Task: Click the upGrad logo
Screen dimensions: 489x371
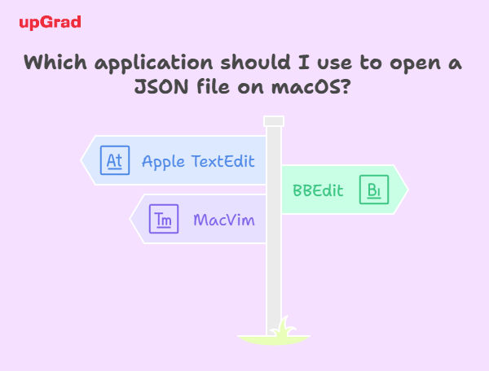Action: [50, 23]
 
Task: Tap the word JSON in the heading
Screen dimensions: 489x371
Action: [161, 86]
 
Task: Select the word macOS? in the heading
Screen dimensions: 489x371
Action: [311, 86]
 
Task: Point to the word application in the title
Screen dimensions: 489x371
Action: [153, 63]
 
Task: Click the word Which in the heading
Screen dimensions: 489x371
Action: [55, 62]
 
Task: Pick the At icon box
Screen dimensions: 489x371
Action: [115, 160]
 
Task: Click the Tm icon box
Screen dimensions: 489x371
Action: [164, 219]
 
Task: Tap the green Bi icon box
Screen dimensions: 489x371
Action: [374, 190]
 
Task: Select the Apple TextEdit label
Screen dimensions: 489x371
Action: [198, 162]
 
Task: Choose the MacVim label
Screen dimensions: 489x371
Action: [224, 220]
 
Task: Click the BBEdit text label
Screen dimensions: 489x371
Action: [318, 190]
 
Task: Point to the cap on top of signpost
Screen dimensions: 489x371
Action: [274, 121]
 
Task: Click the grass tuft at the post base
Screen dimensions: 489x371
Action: [282, 327]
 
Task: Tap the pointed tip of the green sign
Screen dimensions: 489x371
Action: [408, 190]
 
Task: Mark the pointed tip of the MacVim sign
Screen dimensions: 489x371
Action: [130, 219]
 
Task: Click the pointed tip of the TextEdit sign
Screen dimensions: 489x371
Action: [81, 160]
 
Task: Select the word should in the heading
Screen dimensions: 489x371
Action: [255, 62]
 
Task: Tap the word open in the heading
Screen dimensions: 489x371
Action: [415, 64]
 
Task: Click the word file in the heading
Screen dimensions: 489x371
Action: [213, 86]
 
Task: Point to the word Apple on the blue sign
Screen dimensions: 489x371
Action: [163, 162]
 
